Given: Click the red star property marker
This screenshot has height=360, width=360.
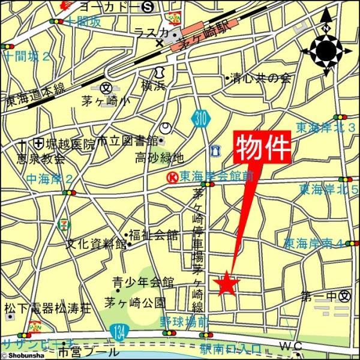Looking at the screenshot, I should pyautogui.click(x=226, y=283).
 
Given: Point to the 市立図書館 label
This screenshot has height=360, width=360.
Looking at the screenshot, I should pyautogui.click(x=127, y=141).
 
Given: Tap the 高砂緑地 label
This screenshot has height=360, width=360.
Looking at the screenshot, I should pyautogui.click(x=158, y=158).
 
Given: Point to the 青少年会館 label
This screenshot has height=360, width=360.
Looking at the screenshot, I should pyautogui.click(x=143, y=282).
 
